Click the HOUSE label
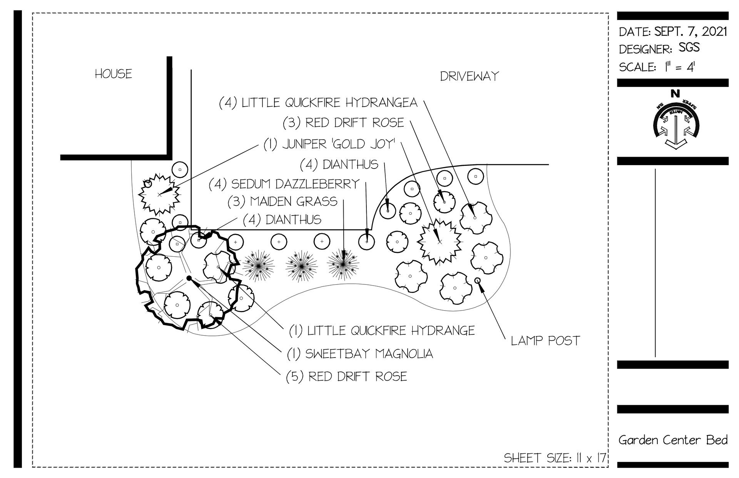click(x=113, y=74)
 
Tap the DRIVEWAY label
click(x=469, y=76)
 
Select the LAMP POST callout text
click(x=545, y=341)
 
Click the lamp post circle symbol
click(x=478, y=280)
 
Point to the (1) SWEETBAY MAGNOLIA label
click(x=360, y=354)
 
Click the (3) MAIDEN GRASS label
click(x=282, y=201)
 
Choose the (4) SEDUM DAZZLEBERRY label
click(x=284, y=184)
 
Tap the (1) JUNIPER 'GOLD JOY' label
click(x=329, y=144)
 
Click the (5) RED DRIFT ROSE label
click(x=346, y=376)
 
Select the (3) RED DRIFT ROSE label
click(x=343, y=123)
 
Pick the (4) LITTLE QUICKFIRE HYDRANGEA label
click(x=318, y=103)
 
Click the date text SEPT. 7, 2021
click(x=691, y=31)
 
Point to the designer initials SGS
click(x=689, y=48)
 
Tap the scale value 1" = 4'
click(x=679, y=67)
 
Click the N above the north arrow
click(x=675, y=94)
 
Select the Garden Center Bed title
click(x=673, y=440)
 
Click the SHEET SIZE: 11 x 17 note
click(x=555, y=458)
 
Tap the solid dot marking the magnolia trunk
click(x=189, y=278)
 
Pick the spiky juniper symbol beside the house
click(x=159, y=194)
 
